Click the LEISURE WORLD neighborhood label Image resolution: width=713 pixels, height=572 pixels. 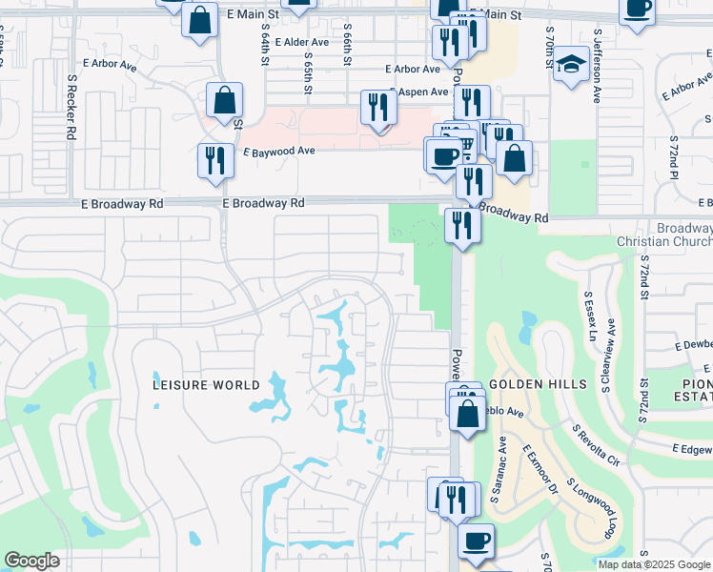[207, 385]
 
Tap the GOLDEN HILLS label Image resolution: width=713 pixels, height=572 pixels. [527, 383]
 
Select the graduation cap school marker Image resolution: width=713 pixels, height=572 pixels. [571, 65]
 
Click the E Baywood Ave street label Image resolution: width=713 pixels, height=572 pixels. [278, 152]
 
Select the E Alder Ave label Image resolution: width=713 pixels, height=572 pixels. [301, 42]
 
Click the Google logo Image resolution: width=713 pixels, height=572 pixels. [31, 561]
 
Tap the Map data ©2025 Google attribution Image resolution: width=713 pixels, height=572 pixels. [653, 564]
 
